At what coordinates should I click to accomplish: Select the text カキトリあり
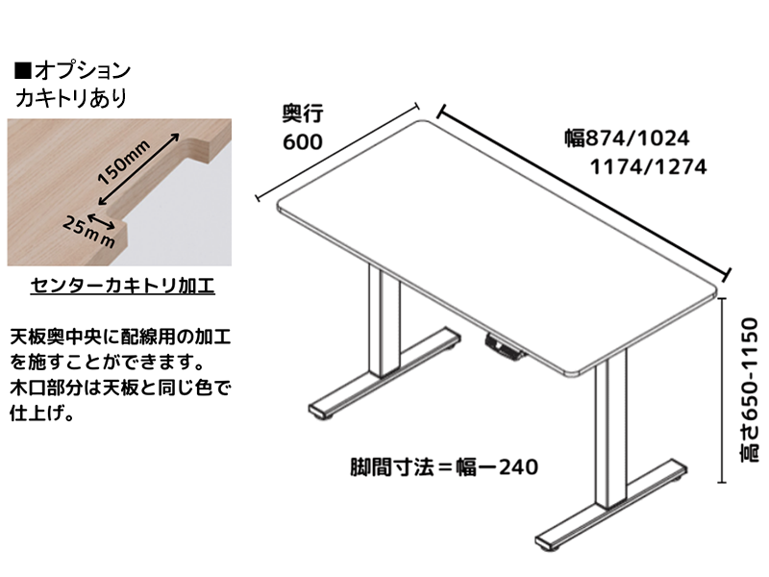click(70, 98)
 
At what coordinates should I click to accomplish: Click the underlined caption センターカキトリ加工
click(121, 286)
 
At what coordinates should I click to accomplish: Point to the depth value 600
click(302, 141)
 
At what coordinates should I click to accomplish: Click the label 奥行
click(302, 113)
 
